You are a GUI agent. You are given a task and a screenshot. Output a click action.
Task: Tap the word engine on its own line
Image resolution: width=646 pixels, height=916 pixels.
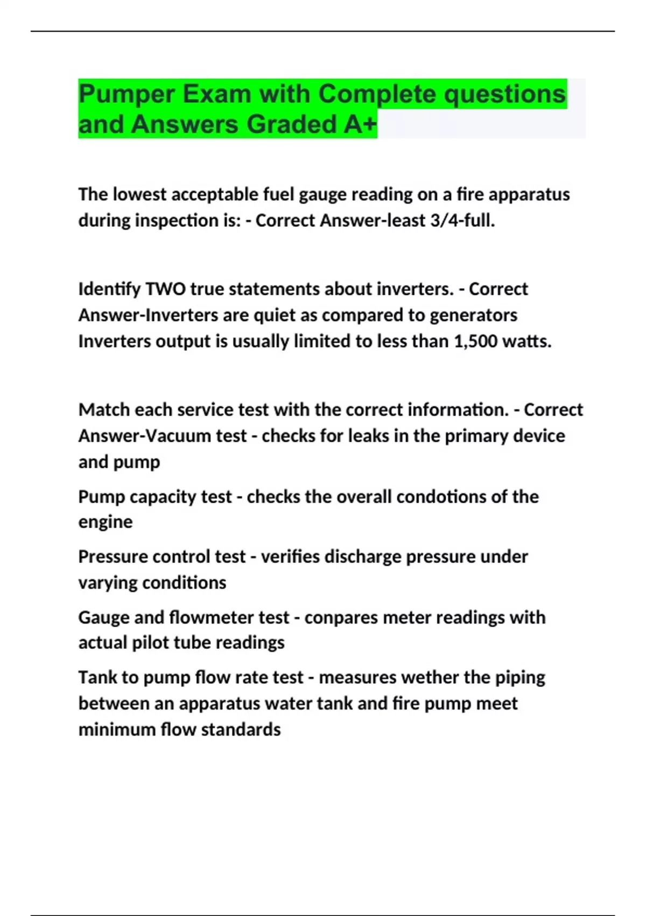pos(105,522)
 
